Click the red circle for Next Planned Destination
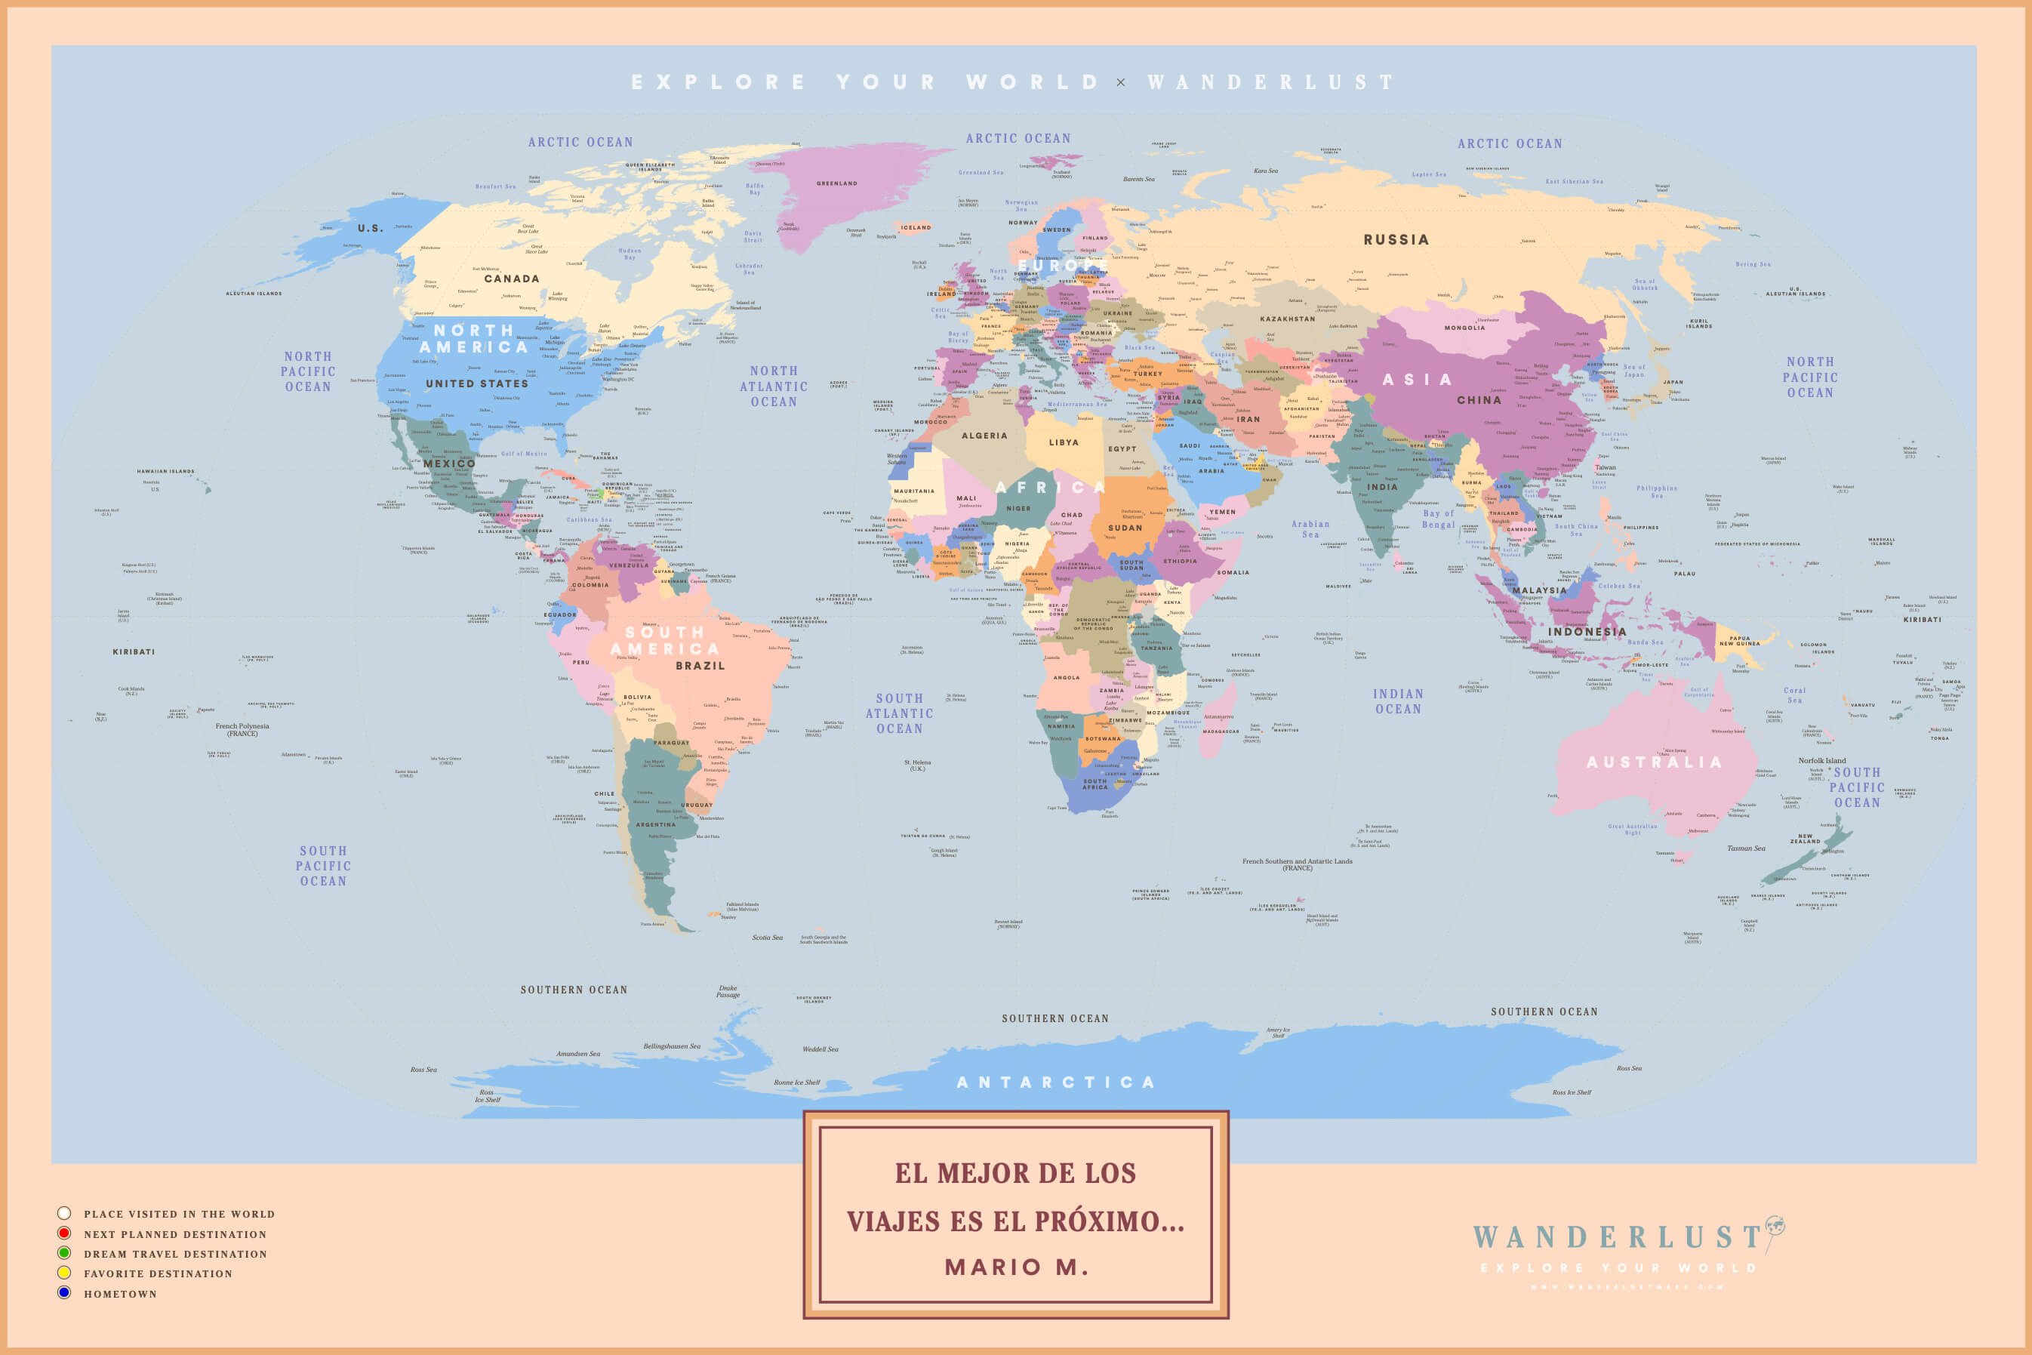[64, 1233]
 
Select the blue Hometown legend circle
[64, 1293]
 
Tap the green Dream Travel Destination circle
[64, 1253]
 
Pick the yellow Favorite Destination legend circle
[64, 1273]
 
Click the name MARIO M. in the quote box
[1016, 1267]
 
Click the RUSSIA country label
[1396, 240]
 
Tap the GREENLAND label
[837, 183]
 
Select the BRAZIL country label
[700, 665]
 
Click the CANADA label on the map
[512, 279]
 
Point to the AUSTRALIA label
[1655, 762]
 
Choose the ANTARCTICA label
[1056, 1082]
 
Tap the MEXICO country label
[449, 464]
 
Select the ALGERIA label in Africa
[984, 436]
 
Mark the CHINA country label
[1479, 400]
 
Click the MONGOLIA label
[1464, 328]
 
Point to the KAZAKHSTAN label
[1287, 319]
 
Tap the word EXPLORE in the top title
[719, 83]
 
